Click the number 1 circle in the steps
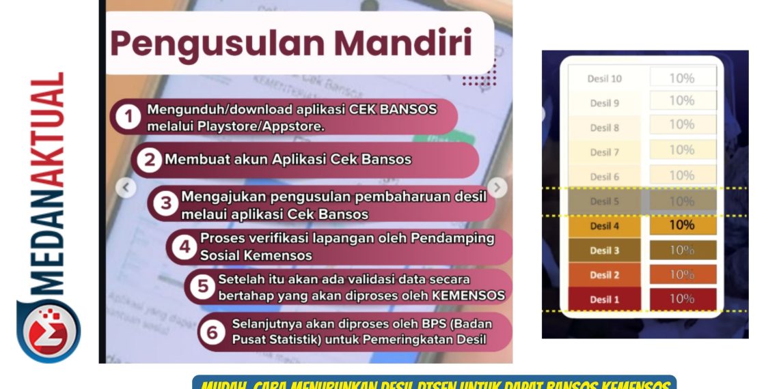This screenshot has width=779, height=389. tap(128, 117)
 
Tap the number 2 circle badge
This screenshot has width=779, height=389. tap(148, 160)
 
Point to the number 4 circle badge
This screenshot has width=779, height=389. tap(184, 246)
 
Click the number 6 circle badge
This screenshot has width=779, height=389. tap(213, 332)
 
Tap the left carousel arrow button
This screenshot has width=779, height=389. tap(126, 188)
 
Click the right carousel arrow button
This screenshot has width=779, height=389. tap(497, 188)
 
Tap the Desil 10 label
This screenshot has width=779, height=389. tap(605, 78)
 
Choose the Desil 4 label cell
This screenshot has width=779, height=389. tap(605, 226)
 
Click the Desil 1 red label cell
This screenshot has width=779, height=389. tap(605, 300)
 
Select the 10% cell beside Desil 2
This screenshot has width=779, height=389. tap(682, 274)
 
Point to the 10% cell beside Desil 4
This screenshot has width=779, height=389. tap(682, 225)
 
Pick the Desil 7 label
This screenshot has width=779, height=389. tap(605, 152)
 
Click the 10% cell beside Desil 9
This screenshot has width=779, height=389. tap(682, 101)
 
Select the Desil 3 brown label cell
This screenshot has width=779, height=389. tap(605, 250)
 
